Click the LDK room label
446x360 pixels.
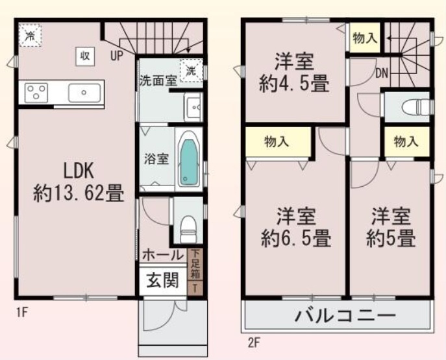point(79,171)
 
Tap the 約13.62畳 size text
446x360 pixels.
point(79,192)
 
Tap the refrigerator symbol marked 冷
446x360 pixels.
point(30,36)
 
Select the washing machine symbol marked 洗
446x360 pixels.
point(192,69)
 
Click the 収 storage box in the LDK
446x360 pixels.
point(84,56)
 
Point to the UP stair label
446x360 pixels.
point(117,56)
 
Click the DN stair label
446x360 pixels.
point(381,73)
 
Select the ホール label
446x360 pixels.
point(163,256)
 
